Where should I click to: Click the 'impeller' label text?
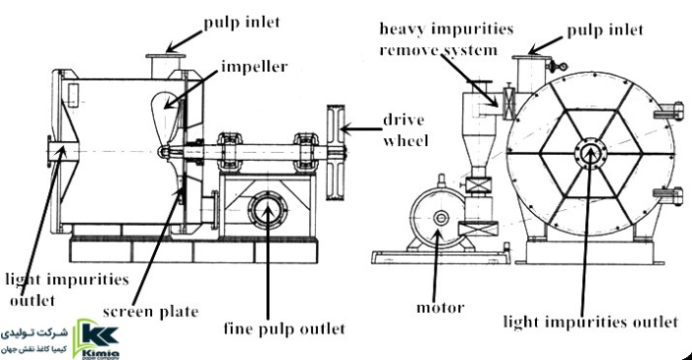pyautogui.click(x=254, y=68)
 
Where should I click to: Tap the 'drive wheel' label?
pyautogui.click(x=405, y=130)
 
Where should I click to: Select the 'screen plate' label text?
pyautogui.click(x=150, y=312)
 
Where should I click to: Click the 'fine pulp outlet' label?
pyautogui.click(x=285, y=330)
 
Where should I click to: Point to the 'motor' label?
pyautogui.click(x=440, y=307)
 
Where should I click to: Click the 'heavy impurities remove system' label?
pyautogui.click(x=446, y=39)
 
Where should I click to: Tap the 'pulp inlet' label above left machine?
pyautogui.click(x=241, y=23)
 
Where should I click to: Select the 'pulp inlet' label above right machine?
pyautogui.click(x=605, y=30)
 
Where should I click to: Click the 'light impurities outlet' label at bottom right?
pyautogui.click(x=590, y=322)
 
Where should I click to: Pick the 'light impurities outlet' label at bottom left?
pyautogui.click(x=66, y=289)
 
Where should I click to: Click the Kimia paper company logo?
pyautogui.click(x=96, y=338)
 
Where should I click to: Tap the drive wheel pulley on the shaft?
pyautogui.click(x=336, y=153)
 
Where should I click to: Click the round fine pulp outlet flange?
pyautogui.click(x=267, y=210)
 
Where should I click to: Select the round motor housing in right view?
pyautogui.click(x=438, y=217)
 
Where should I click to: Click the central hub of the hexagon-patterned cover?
pyautogui.click(x=590, y=153)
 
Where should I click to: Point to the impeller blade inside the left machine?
pyautogui.click(x=167, y=117)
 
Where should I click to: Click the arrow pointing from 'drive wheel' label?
pyautogui.click(x=361, y=129)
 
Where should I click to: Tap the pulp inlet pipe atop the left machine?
pyautogui.click(x=166, y=67)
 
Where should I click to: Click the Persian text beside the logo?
pyautogui.click(x=34, y=340)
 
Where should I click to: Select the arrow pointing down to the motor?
pyautogui.click(x=436, y=265)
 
